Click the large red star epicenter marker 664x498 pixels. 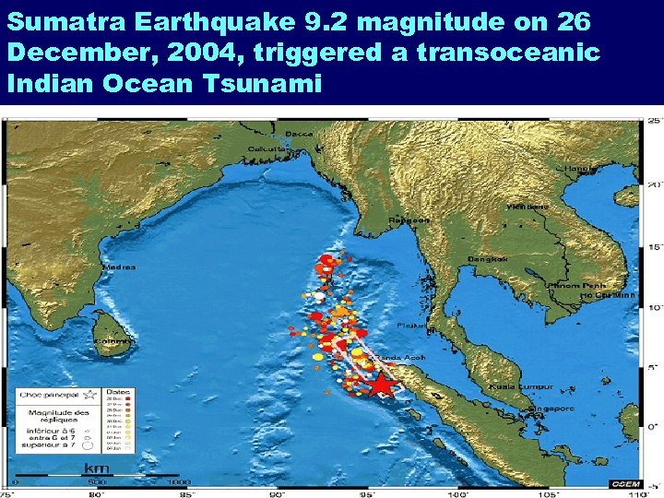click(380, 382)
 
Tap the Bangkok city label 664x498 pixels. click(488, 260)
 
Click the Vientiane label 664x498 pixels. click(527, 207)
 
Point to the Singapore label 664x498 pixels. click(551, 408)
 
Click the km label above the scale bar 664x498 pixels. click(96, 468)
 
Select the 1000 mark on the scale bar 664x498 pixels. click(179, 481)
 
